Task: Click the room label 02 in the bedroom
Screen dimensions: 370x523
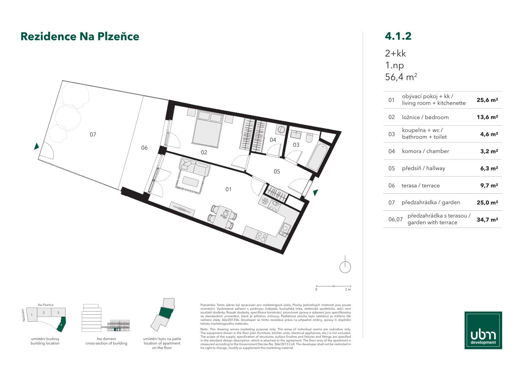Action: [x=204, y=152]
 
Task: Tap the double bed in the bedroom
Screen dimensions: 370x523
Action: [x=207, y=128]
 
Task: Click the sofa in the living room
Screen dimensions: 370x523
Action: [x=195, y=166]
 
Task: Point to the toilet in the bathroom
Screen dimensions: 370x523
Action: [x=309, y=138]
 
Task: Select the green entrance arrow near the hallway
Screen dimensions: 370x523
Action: [x=316, y=192]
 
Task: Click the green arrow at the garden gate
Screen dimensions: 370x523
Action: [x=36, y=146]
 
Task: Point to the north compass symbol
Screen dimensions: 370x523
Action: [x=345, y=266]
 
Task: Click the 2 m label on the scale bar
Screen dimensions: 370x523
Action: [x=348, y=289]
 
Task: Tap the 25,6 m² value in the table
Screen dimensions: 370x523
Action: [x=487, y=100]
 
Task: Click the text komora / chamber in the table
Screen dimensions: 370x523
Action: [x=425, y=151]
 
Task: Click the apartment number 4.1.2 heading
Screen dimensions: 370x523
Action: [x=398, y=36]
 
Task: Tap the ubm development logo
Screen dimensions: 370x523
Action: [x=483, y=330]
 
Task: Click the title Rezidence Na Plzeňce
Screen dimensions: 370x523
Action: [x=80, y=36]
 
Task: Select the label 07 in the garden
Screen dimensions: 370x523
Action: [x=93, y=135]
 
